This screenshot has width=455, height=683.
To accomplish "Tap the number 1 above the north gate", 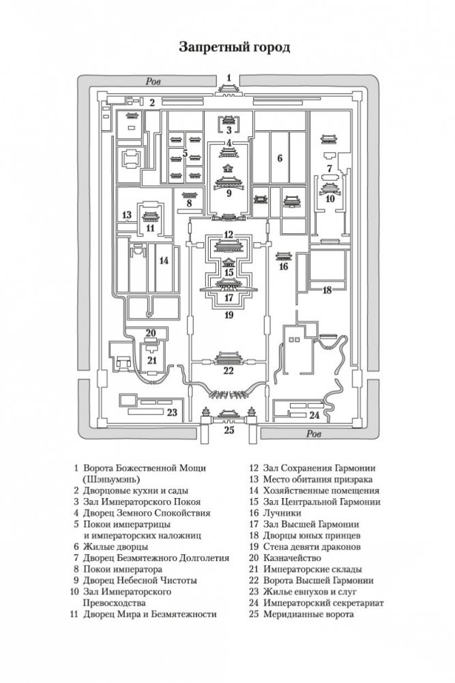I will click(229, 77).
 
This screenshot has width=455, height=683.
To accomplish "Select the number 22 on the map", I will click(229, 370).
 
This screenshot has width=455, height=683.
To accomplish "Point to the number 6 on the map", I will click(279, 159).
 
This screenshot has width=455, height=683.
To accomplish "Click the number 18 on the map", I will click(327, 290).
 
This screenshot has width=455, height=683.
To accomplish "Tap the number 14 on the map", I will click(164, 261).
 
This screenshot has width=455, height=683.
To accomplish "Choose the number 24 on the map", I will click(314, 414).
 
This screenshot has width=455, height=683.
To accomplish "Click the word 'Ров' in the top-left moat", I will click(154, 81).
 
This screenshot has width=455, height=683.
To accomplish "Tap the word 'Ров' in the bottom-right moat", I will click(314, 433).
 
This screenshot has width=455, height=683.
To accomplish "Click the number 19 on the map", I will click(229, 315).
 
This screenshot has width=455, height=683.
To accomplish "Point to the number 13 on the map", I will click(126, 216).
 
